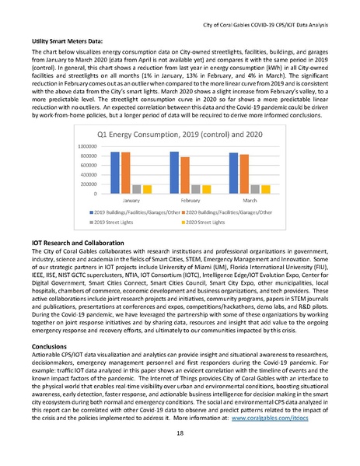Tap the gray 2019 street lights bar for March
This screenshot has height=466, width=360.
[x=246, y=189]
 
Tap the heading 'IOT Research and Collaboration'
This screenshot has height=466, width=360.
[x=80, y=244]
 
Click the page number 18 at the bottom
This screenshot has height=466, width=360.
[x=180, y=453]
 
